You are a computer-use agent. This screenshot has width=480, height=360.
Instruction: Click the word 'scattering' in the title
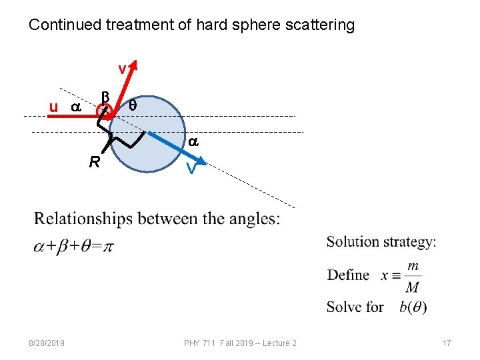coord(321,26)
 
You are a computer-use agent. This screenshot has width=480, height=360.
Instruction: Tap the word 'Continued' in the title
coord(61,26)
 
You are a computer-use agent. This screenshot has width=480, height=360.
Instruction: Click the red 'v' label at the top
coord(122,69)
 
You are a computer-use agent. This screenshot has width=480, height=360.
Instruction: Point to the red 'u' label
coord(53,107)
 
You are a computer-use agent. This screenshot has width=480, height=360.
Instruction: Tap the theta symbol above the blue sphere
coord(133,105)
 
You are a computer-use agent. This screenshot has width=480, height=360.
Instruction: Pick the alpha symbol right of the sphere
coord(193,142)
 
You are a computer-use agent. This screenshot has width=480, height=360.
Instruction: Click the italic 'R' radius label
coord(95,162)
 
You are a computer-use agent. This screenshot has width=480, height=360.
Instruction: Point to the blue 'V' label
coord(191,169)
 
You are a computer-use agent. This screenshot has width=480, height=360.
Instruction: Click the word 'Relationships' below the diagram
coord(79,219)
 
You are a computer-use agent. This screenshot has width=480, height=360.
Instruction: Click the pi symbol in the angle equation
coord(109,247)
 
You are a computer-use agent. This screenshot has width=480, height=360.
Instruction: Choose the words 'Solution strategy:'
coord(381,242)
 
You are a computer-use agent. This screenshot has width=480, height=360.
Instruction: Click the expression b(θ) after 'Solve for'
coord(413,307)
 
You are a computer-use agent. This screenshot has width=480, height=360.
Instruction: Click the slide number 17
coord(447,343)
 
